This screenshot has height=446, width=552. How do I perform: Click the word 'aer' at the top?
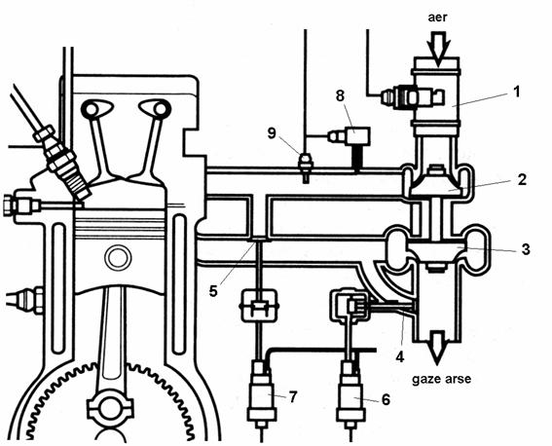(437, 18)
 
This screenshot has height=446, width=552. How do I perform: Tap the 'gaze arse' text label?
(441, 379)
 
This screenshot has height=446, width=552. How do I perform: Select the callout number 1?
(516, 92)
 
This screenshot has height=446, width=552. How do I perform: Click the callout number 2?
(522, 179)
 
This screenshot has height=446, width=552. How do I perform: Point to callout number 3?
(526, 249)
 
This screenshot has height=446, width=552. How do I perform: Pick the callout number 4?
(399, 356)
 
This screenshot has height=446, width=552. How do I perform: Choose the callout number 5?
(213, 291)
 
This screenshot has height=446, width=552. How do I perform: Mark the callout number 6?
(386, 399)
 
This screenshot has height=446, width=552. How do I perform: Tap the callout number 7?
(293, 396)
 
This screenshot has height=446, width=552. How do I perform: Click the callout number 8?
(340, 95)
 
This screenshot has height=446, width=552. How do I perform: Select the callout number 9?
(272, 133)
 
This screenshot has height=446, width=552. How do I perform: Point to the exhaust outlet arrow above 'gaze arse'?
(437, 347)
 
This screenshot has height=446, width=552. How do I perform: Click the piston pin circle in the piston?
(118, 258)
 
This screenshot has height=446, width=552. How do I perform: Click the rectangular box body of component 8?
(357, 136)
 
